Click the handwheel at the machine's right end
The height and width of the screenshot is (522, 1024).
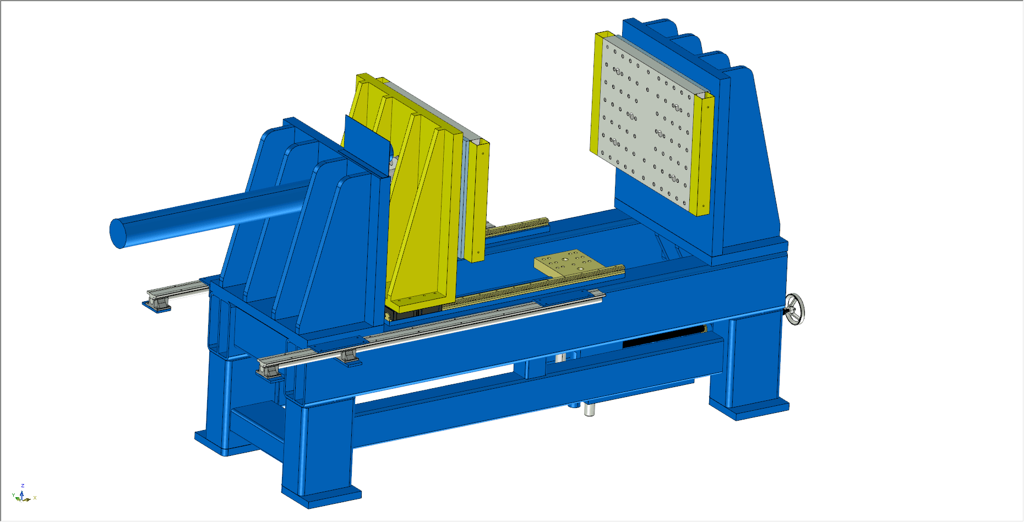coord(794,309)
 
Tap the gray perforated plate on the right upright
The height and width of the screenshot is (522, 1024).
coord(646,124)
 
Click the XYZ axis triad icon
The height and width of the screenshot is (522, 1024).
coord(23,495)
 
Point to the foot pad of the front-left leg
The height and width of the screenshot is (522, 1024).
coord(322,496)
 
